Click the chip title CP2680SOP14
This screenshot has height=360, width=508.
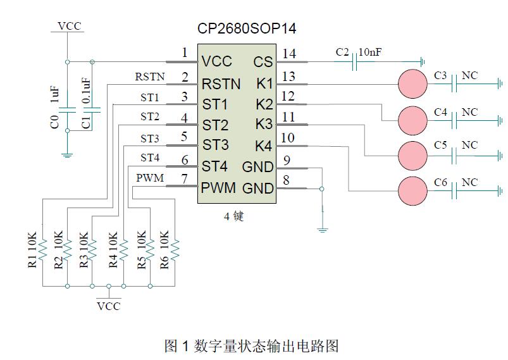(247, 28)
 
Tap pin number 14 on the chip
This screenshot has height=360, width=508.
(289, 54)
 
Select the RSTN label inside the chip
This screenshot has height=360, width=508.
(221, 84)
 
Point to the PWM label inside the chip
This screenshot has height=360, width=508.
(219, 188)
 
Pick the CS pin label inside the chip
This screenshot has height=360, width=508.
(263, 62)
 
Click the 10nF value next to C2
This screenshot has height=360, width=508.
(370, 53)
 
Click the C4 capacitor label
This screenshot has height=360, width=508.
(441, 113)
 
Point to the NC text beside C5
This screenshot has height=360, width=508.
(469, 146)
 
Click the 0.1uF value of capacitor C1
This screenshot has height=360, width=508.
(87, 92)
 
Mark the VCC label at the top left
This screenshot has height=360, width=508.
(69, 26)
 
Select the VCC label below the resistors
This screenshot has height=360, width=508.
(108, 306)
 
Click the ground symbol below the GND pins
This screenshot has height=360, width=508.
(323, 228)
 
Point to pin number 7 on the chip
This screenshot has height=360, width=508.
(185, 179)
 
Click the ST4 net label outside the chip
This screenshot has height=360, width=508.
(150, 158)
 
